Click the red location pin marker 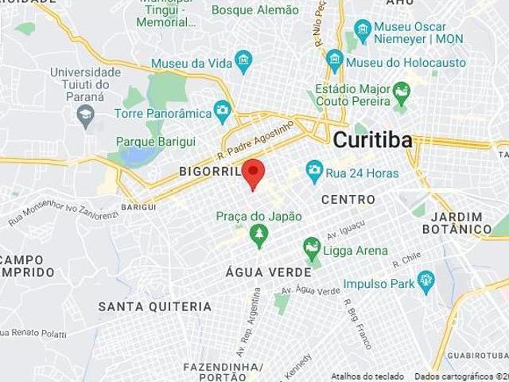coord(253,173)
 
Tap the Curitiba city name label coord(373,140)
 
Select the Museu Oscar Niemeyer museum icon coord(363,33)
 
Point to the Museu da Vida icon coord(244,60)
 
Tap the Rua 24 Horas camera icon coord(314,170)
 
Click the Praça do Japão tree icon coord(257,232)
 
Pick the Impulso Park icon coord(426,280)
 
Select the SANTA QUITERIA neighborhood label coord(154,306)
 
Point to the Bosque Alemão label coord(255,10)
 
